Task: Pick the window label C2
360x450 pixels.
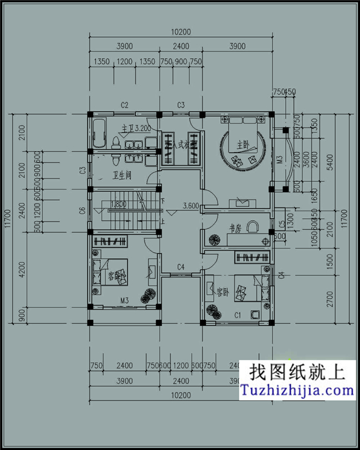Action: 125,105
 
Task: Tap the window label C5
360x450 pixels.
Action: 282,224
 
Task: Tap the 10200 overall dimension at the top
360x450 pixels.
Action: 181,32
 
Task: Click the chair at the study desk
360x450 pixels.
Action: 253,226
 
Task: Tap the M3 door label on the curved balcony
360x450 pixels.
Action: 279,160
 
